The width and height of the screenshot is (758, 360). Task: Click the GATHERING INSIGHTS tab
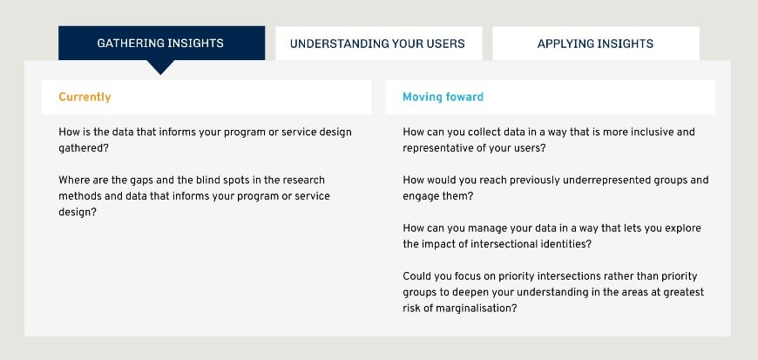161,44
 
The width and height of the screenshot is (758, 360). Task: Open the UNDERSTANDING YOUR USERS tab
377,44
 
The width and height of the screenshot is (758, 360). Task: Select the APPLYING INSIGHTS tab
595,44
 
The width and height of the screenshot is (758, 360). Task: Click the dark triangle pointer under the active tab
160,67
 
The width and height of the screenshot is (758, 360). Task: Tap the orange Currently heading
85,97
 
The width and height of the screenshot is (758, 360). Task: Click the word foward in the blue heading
463,97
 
